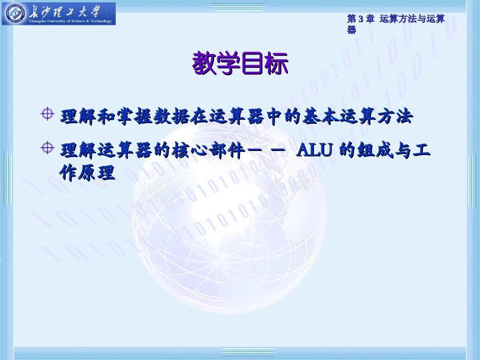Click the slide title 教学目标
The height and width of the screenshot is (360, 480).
240,64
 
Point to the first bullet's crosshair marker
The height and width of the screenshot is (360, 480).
47,114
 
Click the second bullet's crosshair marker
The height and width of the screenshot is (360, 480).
47,147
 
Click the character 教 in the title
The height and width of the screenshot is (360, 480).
204,64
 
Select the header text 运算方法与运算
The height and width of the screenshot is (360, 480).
412,19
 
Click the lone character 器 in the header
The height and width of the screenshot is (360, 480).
352,30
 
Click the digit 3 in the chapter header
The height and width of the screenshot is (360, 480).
361,19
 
